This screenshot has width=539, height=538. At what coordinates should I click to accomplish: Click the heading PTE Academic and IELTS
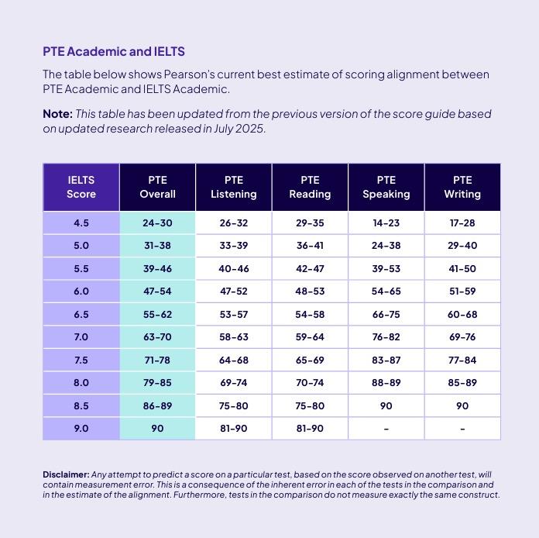[114, 52]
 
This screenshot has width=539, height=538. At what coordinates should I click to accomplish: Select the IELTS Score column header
[81, 187]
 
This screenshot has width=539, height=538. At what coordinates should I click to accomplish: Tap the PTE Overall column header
[157, 187]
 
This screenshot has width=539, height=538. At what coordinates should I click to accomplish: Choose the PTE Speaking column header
[386, 187]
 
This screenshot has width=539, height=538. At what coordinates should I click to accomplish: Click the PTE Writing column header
[462, 187]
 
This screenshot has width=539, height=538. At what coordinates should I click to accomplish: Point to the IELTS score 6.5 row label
[81, 315]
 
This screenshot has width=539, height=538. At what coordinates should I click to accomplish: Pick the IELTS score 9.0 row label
[81, 428]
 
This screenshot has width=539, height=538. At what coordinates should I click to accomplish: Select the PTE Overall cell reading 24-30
[157, 223]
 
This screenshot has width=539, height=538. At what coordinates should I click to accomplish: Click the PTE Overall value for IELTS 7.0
[157, 337]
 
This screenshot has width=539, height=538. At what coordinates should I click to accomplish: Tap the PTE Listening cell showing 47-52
[233, 291]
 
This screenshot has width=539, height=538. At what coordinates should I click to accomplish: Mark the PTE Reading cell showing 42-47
[310, 269]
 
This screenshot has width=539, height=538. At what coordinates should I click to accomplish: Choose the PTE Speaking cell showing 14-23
[386, 223]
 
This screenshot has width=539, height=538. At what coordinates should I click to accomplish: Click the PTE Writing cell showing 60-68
[462, 315]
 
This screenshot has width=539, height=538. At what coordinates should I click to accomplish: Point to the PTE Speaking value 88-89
[386, 383]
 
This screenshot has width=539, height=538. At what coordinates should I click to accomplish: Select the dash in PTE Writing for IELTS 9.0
[462, 429]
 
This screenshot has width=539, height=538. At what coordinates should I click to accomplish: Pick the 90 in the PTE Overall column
[157, 428]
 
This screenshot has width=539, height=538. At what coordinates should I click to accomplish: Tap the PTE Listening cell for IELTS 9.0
[233, 428]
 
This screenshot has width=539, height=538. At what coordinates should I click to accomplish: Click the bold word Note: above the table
[57, 114]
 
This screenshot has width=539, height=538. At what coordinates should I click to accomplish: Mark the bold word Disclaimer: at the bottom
[66, 474]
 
